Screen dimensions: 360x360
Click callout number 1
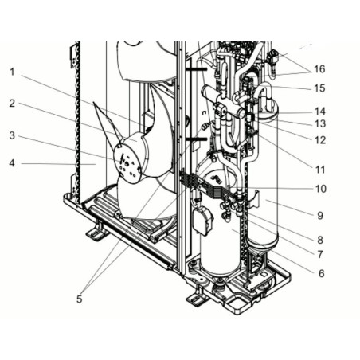pyautogui.click(x=12, y=72)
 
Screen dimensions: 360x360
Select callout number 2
pyautogui.click(x=12, y=104)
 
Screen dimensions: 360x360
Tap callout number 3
pyautogui.click(x=12, y=135)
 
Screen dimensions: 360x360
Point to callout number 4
pyautogui.click(x=12, y=163)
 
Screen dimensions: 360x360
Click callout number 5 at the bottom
pyautogui.click(x=79, y=299)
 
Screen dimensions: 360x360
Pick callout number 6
pyautogui.click(x=321, y=273)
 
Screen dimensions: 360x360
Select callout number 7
pyautogui.click(x=320, y=254)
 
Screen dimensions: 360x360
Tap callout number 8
pyautogui.click(x=320, y=240)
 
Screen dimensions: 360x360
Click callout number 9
pyautogui.click(x=320, y=216)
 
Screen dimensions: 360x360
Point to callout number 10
pyautogui.click(x=320, y=189)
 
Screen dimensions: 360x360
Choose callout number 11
pyautogui.click(x=320, y=170)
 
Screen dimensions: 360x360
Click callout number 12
pyautogui.click(x=320, y=140)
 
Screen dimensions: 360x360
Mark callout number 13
pyautogui.click(x=320, y=123)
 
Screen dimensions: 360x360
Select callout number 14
pyautogui.click(x=320, y=111)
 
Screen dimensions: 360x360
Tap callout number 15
pyautogui.click(x=319, y=88)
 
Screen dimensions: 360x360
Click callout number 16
pyautogui.click(x=319, y=69)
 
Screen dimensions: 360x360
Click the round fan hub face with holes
pyautogui.click(x=127, y=164)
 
